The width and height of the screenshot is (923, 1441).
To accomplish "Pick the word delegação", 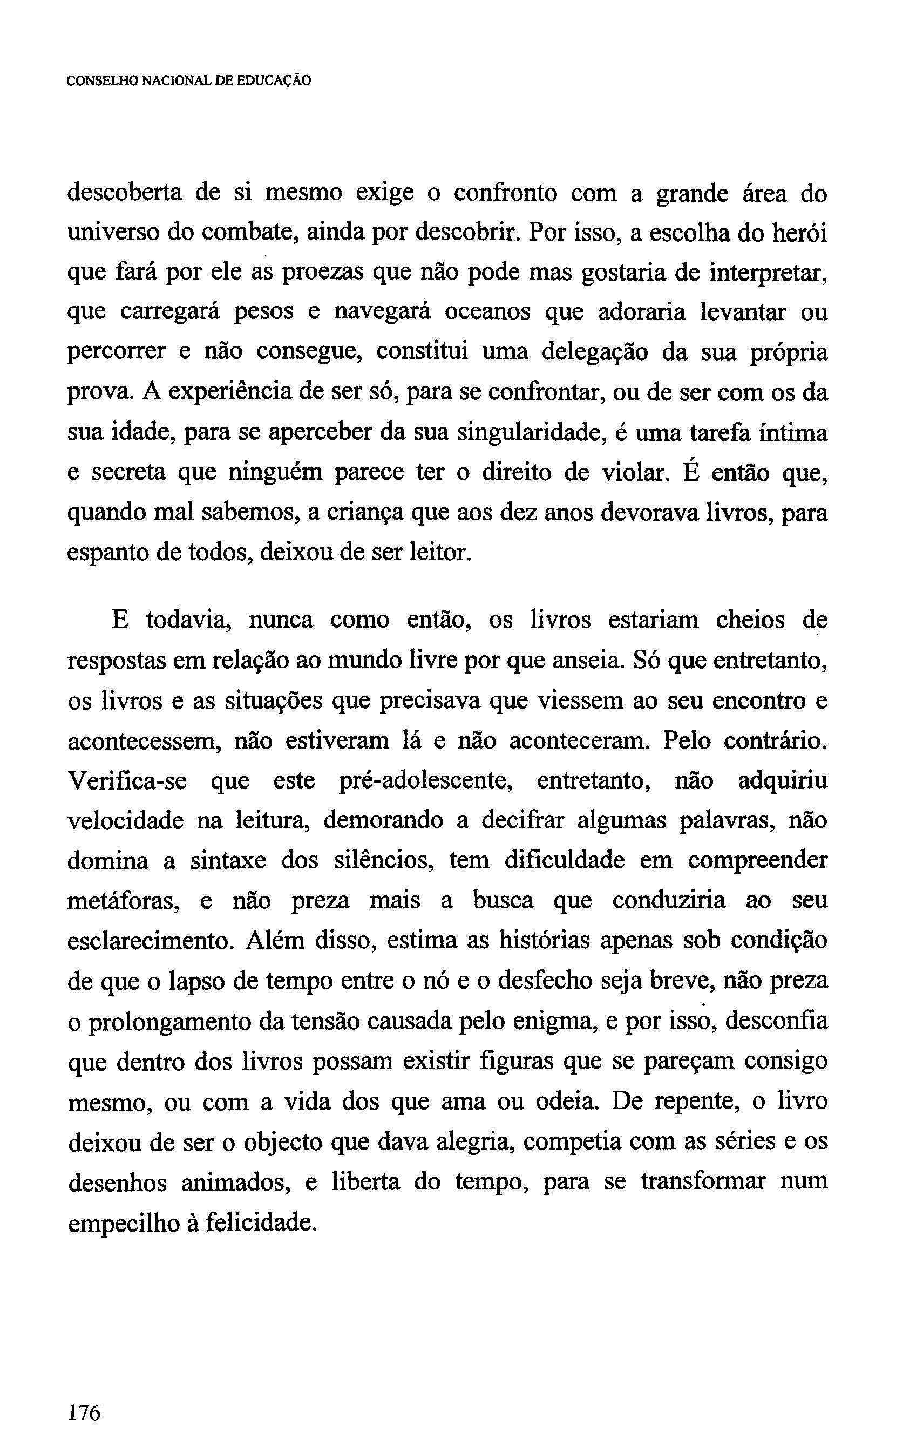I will pyautogui.click(x=595, y=353).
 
